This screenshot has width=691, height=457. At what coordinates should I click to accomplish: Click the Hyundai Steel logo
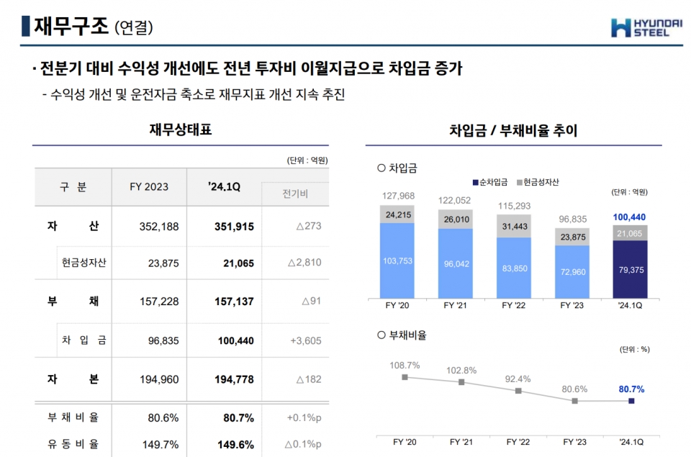click(646, 27)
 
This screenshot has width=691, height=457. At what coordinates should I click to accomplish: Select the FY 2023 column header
click(149, 187)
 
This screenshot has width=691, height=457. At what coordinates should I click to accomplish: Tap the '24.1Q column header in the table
click(224, 187)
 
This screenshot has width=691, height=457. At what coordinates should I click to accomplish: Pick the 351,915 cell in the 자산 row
click(234, 227)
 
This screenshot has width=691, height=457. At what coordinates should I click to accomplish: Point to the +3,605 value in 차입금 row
click(304, 340)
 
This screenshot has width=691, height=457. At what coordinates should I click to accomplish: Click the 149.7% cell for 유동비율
click(160, 444)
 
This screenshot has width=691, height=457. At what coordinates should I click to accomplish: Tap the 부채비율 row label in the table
click(73, 417)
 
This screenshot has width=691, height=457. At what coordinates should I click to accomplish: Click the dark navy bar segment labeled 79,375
click(631, 269)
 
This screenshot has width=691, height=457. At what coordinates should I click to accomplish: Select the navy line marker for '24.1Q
click(631, 401)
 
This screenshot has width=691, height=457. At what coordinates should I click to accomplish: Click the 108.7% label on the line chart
click(405, 366)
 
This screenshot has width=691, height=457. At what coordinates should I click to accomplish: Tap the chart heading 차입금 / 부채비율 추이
click(513, 131)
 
